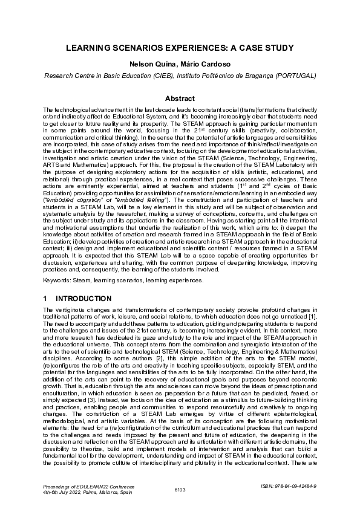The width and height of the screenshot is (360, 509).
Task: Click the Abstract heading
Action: coord(180,99)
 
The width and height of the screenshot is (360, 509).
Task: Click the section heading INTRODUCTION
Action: coord(83,299)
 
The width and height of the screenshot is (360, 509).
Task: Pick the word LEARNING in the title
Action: coord(85,48)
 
